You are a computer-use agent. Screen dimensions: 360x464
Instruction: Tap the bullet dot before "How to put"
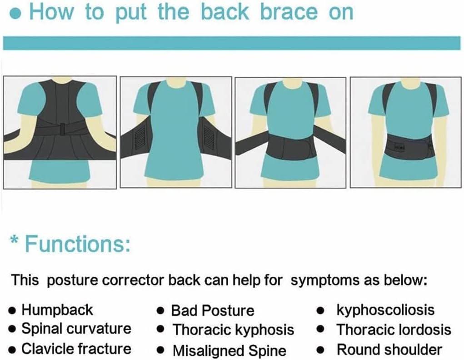pyautogui.click(x=17, y=13)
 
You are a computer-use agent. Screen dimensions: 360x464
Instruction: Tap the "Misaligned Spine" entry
pyautogui.click(x=230, y=350)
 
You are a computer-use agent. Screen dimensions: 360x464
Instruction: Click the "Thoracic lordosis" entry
pyautogui.click(x=394, y=330)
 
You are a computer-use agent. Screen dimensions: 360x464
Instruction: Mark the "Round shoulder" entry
pyautogui.click(x=389, y=350)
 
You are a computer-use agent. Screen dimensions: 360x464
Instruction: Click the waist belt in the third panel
pyautogui.click(x=290, y=146)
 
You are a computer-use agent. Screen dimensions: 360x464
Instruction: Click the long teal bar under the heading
pyautogui.click(x=232, y=43)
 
